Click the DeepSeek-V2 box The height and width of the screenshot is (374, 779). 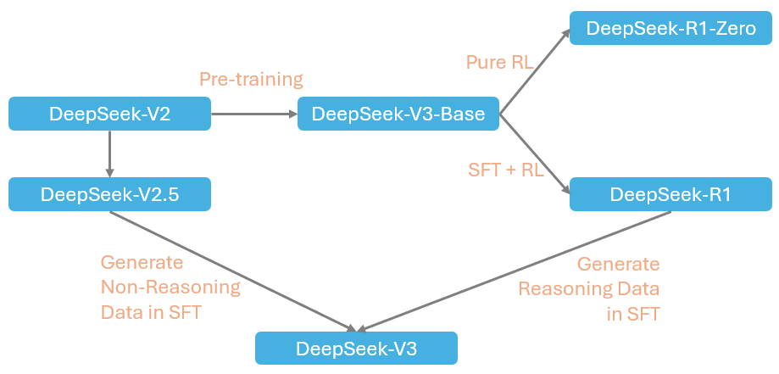click(x=109, y=114)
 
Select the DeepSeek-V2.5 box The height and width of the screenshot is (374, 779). click(x=109, y=194)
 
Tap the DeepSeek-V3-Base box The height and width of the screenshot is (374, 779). click(x=398, y=114)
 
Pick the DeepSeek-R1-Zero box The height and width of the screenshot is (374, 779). click(x=670, y=28)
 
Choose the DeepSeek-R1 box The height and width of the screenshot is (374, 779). click(x=670, y=194)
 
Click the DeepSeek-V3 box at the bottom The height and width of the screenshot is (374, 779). click(x=356, y=349)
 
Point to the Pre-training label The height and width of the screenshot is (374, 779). click(x=251, y=80)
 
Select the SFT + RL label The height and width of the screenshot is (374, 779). click(x=506, y=169)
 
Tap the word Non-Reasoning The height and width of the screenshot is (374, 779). click(x=170, y=287)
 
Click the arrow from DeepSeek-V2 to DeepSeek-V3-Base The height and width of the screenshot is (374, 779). click(x=253, y=114)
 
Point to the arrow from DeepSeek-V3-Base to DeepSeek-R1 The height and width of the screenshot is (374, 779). click(x=534, y=150)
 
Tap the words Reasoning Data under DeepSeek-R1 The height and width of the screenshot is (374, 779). click(x=589, y=288)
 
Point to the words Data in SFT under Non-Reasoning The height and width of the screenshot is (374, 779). click(x=151, y=311)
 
